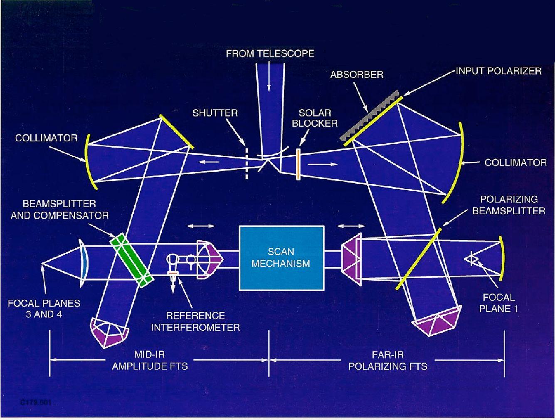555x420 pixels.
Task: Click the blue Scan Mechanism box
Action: pyautogui.click(x=281, y=257)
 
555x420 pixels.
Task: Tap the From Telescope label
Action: pyautogui.click(x=270, y=54)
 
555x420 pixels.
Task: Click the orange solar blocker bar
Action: pyautogui.click(x=298, y=164)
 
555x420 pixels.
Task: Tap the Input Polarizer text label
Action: pyautogui.click(x=498, y=71)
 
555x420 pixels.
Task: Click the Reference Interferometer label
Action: pyautogui.click(x=195, y=321)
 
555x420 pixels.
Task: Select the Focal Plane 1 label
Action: pyautogui.click(x=498, y=303)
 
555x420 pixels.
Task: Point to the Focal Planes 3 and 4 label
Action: pyautogui.click(x=44, y=309)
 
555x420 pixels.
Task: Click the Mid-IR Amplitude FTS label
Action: pyautogui.click(x=150, y=360)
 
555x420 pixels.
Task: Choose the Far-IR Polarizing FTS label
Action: pyautogui.click(x=387, y=360)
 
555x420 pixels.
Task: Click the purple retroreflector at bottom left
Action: pyautogui.click(x=109, y=333)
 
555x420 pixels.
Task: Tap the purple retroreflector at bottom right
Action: pyautogui.click(x=437, y=322)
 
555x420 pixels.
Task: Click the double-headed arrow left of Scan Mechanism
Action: pyautogui.click(x=201, y=226)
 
